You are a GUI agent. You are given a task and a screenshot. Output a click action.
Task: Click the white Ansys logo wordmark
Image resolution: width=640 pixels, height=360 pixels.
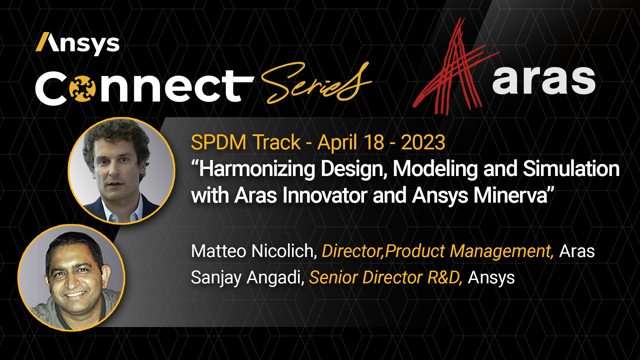(78, 44)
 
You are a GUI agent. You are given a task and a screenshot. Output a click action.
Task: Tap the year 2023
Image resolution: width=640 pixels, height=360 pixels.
(423, 142)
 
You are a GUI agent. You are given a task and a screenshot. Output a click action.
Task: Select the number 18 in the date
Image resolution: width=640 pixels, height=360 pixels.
(374, 142)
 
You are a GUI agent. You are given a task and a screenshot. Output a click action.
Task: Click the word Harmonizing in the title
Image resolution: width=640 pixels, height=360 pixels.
(257, 169)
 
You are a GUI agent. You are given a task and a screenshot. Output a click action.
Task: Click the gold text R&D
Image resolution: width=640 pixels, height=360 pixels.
(445, 277)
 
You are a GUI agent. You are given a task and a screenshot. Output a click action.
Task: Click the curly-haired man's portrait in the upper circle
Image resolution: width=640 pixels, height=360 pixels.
(121, 170)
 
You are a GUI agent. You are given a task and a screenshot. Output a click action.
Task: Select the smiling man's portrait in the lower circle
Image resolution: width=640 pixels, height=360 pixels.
(71, 277)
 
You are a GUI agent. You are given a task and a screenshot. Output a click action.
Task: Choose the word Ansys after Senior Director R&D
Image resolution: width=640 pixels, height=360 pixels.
(491, 278)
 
